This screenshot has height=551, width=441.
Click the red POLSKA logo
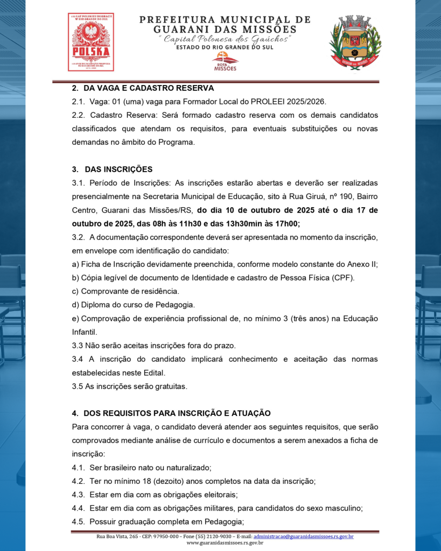pos(91,42)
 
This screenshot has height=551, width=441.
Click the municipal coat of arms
pos(355,42)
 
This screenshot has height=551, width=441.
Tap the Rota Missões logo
pos(225,61)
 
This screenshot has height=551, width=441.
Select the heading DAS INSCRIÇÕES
pos(118,169)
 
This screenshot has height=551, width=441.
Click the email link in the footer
pos(303,536)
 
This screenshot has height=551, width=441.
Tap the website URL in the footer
pos(225,543)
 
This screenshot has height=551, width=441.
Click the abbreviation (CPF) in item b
pos(340,278)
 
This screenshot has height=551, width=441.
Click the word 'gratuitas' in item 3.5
pos(170,386)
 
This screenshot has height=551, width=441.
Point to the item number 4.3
pos(78,495)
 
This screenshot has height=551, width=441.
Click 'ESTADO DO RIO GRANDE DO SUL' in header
pos(225,47)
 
